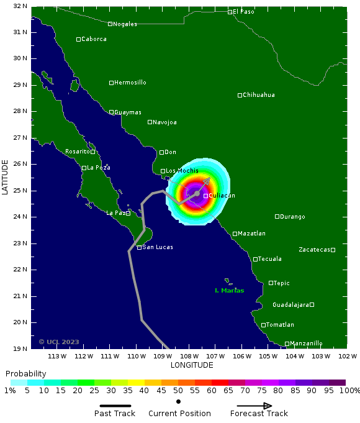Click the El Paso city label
[243, 12]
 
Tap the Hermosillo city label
[130, 83]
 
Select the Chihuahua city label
[258, 95]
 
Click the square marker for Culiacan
[205, 196]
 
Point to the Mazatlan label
[251, 234]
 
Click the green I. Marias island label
[229, 291]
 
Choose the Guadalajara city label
[290, 305]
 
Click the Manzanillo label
[306, 343]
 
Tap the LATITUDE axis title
[6, 178]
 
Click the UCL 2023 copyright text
[59, 342]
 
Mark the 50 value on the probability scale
[178, 390]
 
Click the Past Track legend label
[115, 414]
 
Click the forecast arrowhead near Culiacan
[208, 180]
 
